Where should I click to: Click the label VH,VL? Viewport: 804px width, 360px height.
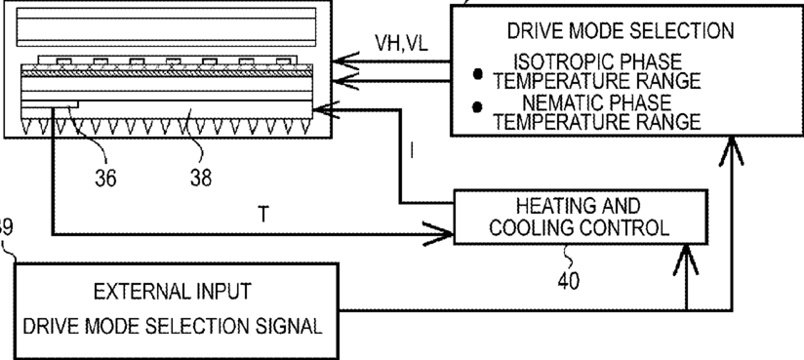[x=401, y=44]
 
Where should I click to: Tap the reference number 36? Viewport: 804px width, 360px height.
[x=105, y=178]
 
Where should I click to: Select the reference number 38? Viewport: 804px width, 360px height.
[x=200, y=178]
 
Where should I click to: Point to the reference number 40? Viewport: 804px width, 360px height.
[x=569, y=280]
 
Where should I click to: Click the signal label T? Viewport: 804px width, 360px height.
[x=263, y=215]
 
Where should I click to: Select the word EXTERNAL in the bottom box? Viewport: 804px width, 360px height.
[x=137, y=292]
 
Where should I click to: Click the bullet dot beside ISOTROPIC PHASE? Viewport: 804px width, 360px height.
[x=478, y=74]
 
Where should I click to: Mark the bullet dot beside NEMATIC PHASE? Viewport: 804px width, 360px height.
[x=478, y=106]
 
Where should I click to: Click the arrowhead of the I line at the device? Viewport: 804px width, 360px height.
[x=326, y=109]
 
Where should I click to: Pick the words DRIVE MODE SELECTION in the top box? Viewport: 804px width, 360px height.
[x=621, y=31]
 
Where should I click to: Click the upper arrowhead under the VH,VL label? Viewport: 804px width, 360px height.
[x=346, y=62]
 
